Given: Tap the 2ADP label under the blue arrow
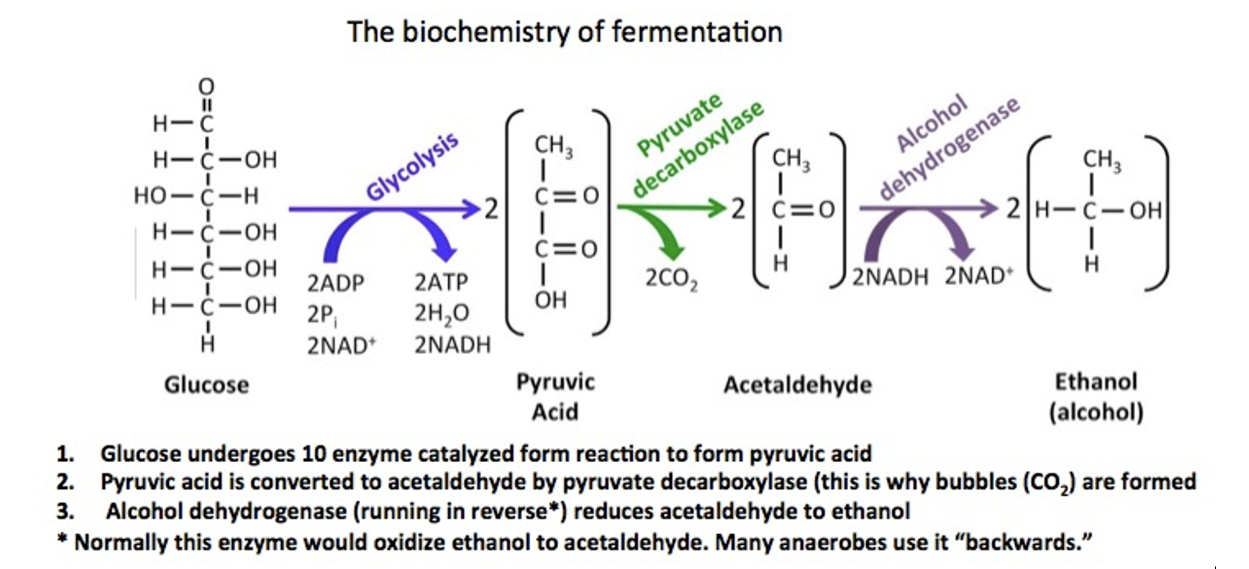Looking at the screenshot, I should (x=336, y=283).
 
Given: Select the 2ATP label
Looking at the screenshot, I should (x=441, y=282).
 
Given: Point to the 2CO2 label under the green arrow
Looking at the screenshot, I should (x=671, y=279).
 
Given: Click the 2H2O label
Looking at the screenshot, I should (x=441, y=314).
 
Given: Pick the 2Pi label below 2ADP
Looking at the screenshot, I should (x=322, y=314).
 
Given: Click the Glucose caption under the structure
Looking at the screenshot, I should (x=207, y=384).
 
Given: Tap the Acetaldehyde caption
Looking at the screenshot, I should (x=798, y=384).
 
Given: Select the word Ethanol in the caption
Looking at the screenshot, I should (x=1095, y=381).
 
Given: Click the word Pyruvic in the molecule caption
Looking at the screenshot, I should (x=555, y=381).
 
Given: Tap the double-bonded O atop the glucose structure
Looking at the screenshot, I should (x=207, y=86).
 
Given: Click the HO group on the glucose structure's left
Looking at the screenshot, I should (x=150, y=196).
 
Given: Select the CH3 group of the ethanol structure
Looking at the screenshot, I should (x=1102, y=160).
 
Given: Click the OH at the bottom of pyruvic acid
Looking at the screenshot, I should (x=550, y=300).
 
